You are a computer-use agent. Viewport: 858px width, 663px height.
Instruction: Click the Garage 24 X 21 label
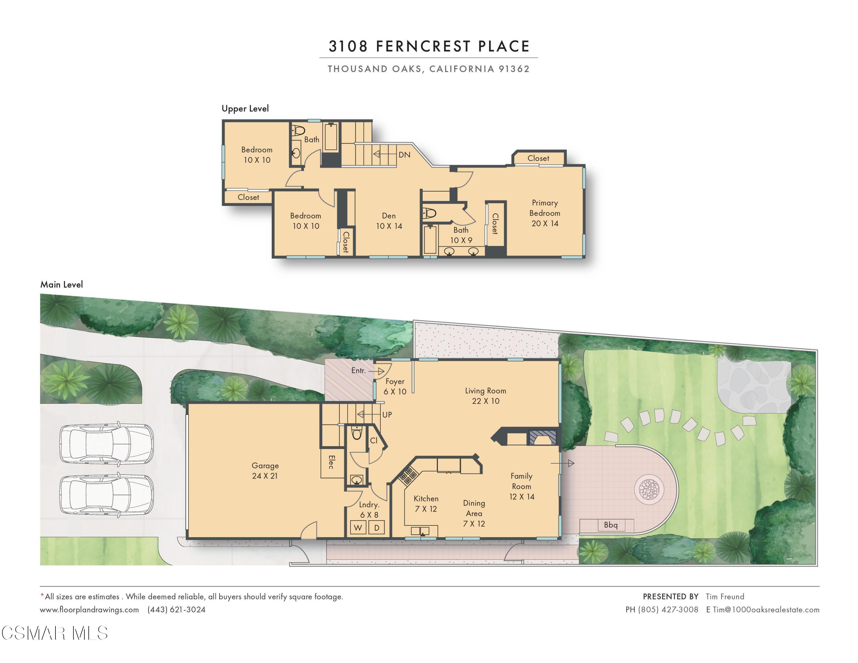coord(265,471)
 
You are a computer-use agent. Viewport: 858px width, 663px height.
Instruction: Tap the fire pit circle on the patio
coord(649,489)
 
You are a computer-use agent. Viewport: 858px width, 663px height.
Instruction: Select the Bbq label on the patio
coord(611,525)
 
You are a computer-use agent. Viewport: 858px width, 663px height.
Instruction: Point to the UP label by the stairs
coord(387,415)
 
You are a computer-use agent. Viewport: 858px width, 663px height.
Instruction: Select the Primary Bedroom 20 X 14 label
coord(545,213)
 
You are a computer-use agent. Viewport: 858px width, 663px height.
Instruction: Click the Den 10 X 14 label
coord(389,221)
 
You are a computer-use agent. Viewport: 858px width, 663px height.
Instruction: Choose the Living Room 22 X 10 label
coord(486,396)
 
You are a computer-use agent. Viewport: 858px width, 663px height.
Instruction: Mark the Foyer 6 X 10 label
coord(395,386)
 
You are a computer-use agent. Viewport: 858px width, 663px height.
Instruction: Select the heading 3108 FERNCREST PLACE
coord(429,46)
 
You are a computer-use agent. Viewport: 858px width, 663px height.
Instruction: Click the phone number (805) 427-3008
coord(668,610)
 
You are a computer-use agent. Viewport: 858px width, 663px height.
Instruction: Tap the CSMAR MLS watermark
coord(55,633)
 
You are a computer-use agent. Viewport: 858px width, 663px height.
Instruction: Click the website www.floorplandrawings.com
coord(89,610)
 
